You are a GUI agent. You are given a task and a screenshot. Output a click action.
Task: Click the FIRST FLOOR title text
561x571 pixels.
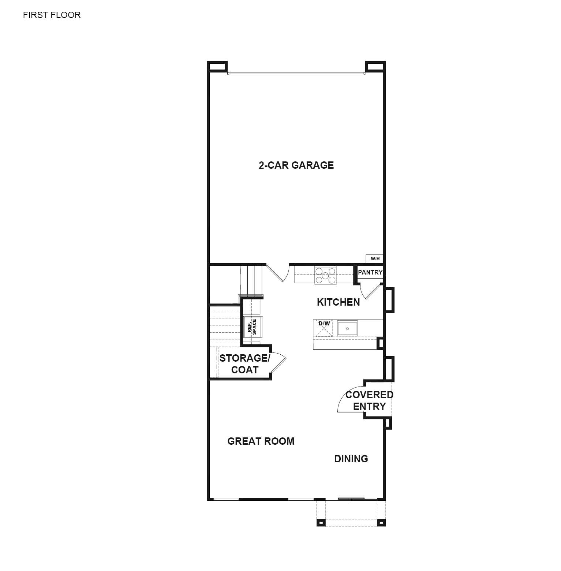(x=52, y=15)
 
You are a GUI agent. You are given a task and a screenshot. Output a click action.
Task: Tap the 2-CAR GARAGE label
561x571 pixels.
(x=296, y=165)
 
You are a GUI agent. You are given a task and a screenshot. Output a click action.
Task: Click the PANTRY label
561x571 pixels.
(x=370, y=272)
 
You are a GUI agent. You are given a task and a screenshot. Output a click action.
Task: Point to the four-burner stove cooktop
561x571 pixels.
(x=325, y=276)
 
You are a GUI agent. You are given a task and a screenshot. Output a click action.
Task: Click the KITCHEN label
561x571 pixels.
(x=338, y=302)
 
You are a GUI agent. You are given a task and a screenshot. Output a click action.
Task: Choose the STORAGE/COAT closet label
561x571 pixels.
(x=244, y=364)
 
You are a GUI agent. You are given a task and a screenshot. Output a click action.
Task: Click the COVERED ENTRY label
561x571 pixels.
(x=369, y=400)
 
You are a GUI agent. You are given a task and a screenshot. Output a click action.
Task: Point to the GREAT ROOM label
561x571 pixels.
(x=261, y=441)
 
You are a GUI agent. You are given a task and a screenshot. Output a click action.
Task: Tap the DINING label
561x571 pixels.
(x=351, y=459)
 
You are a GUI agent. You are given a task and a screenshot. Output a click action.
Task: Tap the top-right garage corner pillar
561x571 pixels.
(x=375, y=67)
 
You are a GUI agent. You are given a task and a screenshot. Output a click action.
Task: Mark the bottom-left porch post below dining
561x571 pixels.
(x=321, y=522)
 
